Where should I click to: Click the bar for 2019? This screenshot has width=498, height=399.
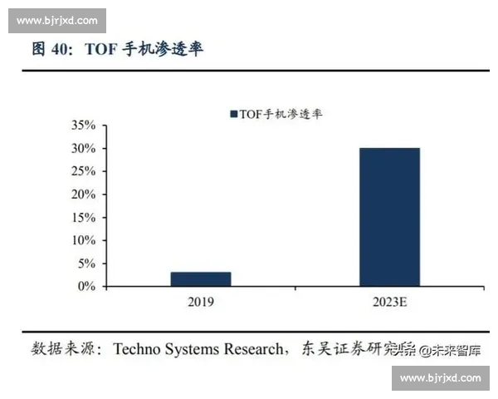pos(201,278)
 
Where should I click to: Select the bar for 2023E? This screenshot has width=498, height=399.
pos(389,217)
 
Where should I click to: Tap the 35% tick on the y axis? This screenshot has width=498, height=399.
pos(85,126)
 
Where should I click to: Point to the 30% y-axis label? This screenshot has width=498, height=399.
pos(85,149)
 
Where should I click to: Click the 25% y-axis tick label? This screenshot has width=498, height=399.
pos(85,171)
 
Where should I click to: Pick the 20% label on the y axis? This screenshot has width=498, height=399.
pos(85,195)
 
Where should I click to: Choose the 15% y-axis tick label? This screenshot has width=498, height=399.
pos(85,217)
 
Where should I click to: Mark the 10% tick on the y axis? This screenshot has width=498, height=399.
pos(85,240)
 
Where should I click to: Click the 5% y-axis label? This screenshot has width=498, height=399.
pos(88,264)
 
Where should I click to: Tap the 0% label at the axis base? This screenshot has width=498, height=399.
pos(88,286)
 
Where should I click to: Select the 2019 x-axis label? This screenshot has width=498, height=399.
pos(201,302)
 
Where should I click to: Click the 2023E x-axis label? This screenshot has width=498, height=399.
pos(389,302)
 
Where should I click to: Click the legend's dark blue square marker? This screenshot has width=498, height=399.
pos(233,115)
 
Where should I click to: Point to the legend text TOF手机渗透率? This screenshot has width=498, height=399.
pos(281,115)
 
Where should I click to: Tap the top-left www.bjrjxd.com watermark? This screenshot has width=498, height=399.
pos(56,21)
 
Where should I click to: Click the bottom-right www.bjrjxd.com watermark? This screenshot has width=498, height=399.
pos(440,378)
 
